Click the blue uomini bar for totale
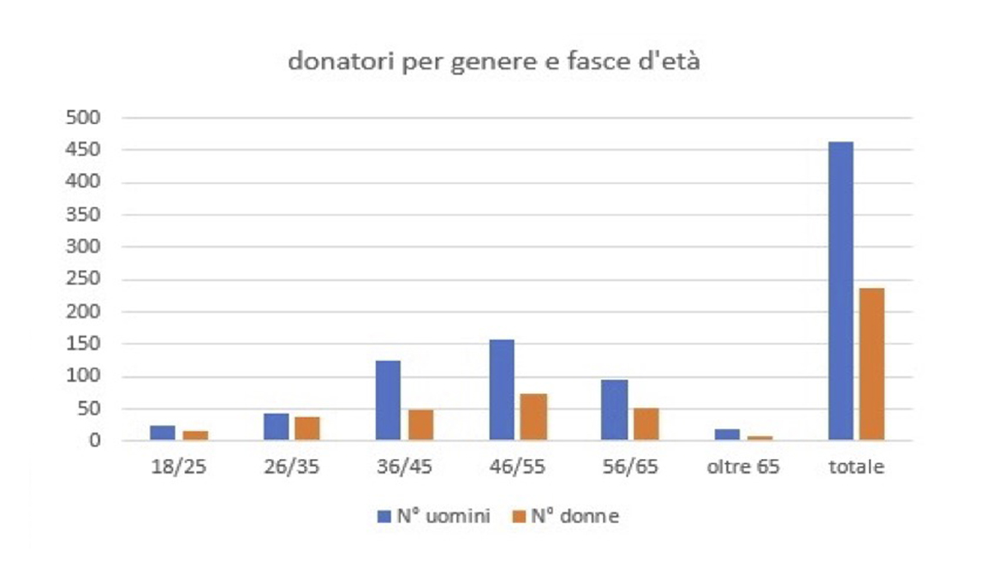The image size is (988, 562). [840, 291]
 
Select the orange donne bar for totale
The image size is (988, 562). [872, 364]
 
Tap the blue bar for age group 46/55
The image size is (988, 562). [501, 391]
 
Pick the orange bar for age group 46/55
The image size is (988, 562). [533, 417]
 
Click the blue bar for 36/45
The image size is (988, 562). [388, 401]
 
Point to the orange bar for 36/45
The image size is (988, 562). [420, 426]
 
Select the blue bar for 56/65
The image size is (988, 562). [614, 410]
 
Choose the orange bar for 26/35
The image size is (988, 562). [307, 429]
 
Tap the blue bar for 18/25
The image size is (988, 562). [162, 433]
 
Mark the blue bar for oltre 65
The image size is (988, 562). [727, 435]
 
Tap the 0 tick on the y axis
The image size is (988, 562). [95, 441]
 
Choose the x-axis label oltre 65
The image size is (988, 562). [743, 469]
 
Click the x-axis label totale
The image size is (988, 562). [856, 469]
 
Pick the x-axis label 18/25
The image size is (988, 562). [178, 469]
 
